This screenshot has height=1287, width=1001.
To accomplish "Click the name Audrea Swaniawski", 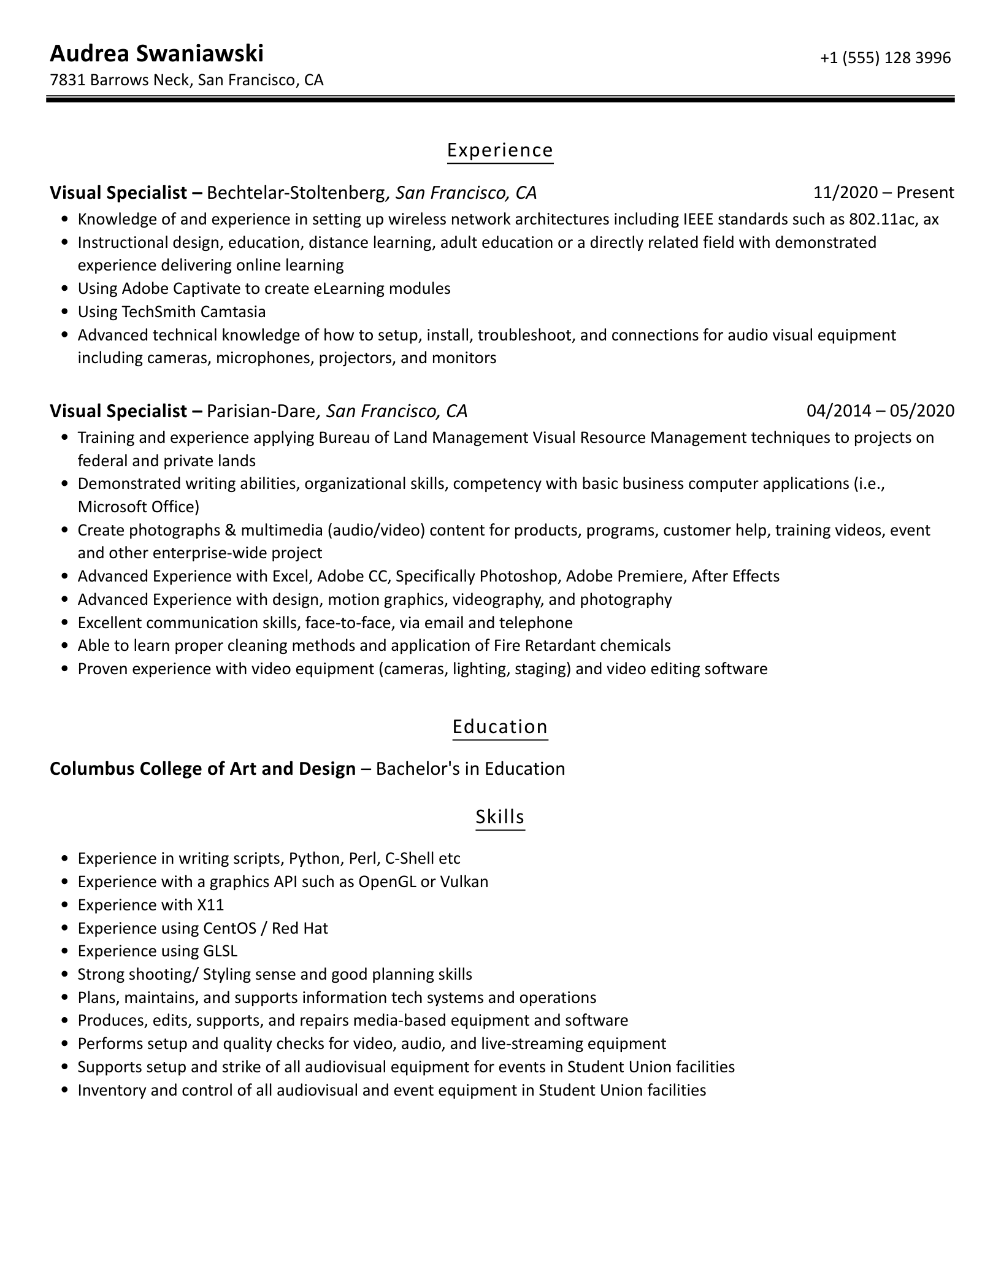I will (156, 54).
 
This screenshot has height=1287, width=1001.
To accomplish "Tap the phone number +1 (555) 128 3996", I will (884, 58).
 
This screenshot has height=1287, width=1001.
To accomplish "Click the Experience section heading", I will (500, 150).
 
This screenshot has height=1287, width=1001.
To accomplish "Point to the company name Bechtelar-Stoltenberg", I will (296, 193).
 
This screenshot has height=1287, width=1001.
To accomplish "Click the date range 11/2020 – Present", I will (883, 193).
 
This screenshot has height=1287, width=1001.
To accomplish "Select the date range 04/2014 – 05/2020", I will (880, 410).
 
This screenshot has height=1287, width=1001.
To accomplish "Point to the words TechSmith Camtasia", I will (194, 312).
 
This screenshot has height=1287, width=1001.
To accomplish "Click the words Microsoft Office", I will (136, 507).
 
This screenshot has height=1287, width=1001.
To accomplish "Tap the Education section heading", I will (500, 727).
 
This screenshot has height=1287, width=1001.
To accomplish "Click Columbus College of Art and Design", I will (202, 769).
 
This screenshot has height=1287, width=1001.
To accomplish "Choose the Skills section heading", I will (500, 817).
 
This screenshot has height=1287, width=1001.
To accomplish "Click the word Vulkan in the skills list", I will (464, 882).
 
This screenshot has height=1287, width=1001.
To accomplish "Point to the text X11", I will (210, 905).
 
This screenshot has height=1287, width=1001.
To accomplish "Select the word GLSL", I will (220, 951).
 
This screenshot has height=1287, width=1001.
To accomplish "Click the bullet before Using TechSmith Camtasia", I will (65, 312).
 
